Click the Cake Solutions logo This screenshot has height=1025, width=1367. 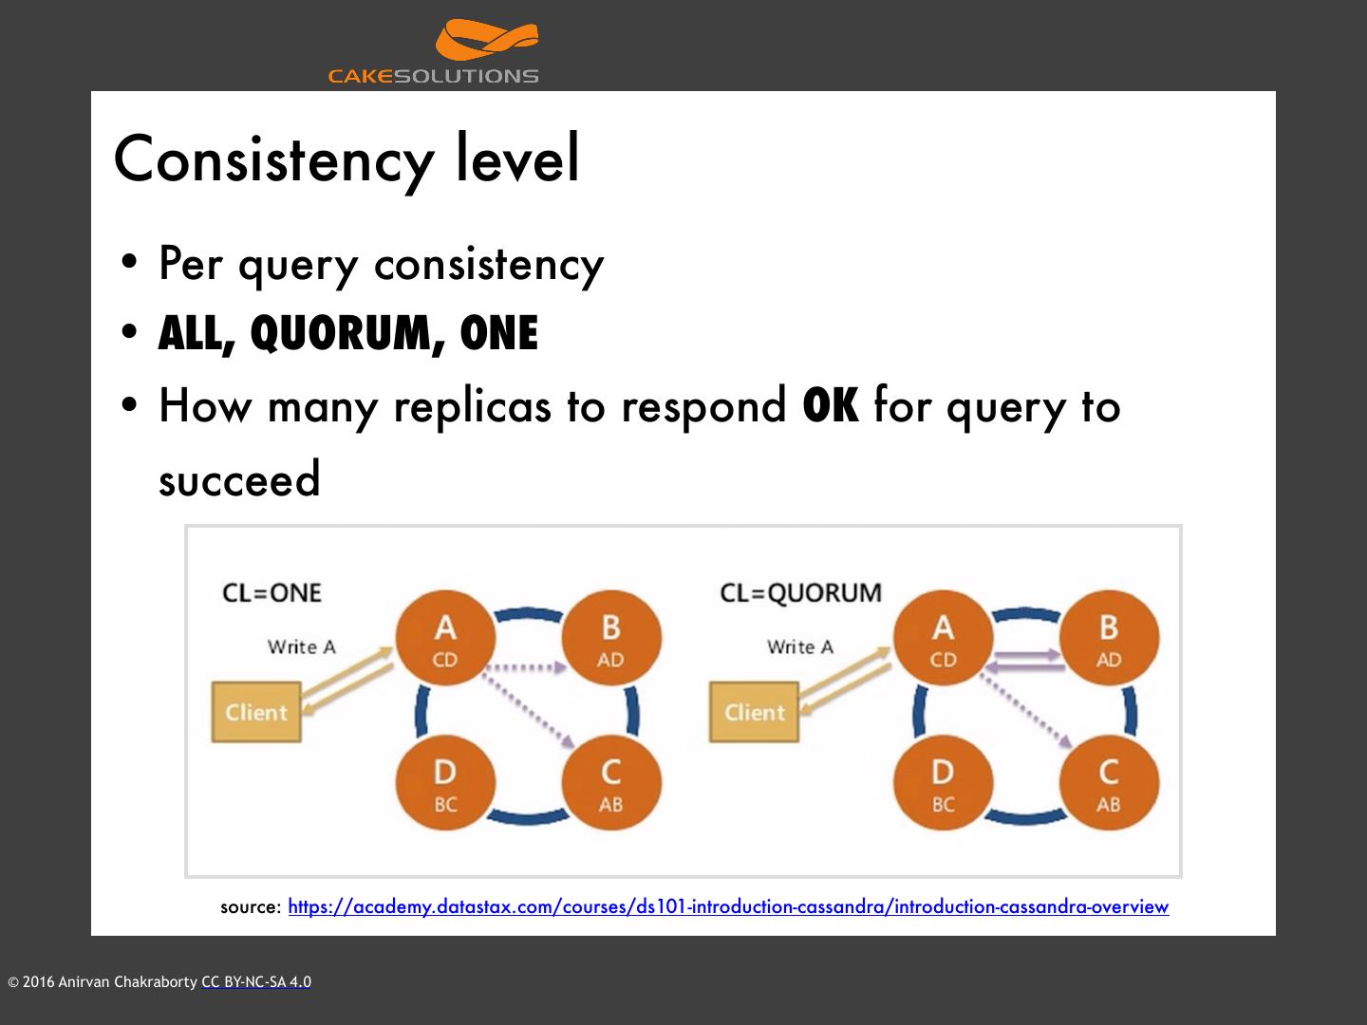click(x=434, y=52)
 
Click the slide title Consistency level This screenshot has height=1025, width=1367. click(x=346, y=158)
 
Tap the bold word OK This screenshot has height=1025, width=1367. click(x=831, y=405)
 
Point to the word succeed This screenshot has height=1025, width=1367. click(x=239, y=479)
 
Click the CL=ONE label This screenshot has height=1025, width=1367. click(x=272, y=592)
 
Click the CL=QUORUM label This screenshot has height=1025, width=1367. click(x=800, y=592)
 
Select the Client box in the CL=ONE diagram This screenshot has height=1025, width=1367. click(x=256, y=712)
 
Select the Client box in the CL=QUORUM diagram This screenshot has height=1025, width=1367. click(x=755, y=712)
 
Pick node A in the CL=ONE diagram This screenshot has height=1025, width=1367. click(x=444, y=639)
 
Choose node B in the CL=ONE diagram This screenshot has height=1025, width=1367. click(x=610, y=639)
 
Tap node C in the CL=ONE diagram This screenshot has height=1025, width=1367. click(x=610, y=784)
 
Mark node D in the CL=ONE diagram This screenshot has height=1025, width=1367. click(x=444, y=784)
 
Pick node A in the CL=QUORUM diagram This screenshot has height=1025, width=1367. click(x=943, y=639)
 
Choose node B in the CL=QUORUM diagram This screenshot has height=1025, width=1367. click(x=1108, y=639)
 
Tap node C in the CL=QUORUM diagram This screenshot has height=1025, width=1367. click(x=1108, y=784)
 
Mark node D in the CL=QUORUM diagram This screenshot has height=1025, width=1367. click(x=943, y=784)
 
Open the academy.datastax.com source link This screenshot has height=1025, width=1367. click(x=728, y=906)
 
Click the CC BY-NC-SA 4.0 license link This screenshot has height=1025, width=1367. click(x=256, y=982)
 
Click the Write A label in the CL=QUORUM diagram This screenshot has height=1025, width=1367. click(x=800, y=646)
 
